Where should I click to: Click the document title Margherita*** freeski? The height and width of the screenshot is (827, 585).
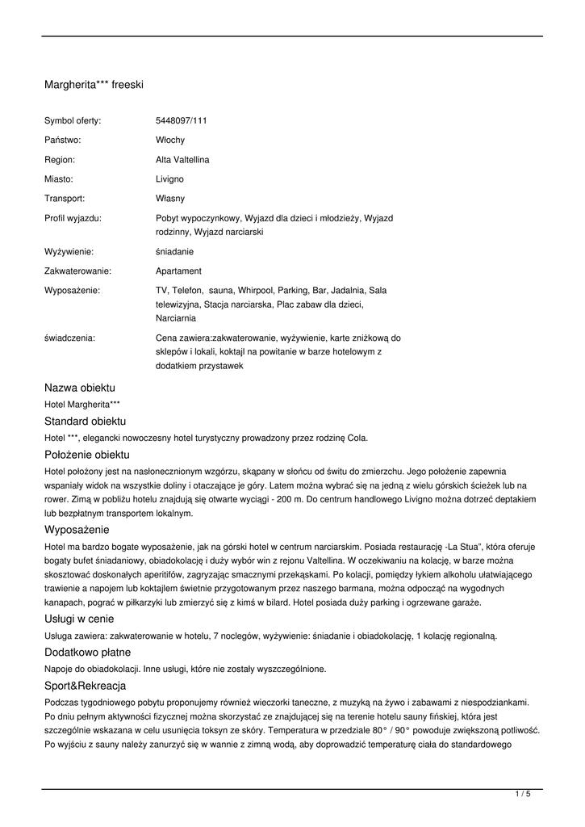(x=94, y=84)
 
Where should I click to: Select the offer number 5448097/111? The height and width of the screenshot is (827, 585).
(x=181, y=120)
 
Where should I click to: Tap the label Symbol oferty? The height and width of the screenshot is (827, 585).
(x=73, y=120)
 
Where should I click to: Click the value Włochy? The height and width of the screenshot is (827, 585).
(x=169, y=140)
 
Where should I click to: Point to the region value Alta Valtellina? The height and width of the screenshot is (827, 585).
(x=182, y=159)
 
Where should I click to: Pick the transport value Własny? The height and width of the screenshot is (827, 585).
(x=169, y=198)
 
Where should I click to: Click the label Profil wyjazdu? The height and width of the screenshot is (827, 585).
(x=73, y=217)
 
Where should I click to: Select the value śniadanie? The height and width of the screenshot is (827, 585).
(x=174, y=251)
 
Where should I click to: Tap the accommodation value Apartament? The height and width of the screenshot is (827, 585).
(x=178, y=271)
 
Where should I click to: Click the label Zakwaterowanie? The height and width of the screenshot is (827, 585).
(x=77, y=271)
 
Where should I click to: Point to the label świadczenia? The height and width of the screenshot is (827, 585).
(x=69, y=338)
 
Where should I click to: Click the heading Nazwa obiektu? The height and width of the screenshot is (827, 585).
(x=80, y=388)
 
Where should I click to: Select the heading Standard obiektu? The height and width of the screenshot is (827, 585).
(x=85, y=422)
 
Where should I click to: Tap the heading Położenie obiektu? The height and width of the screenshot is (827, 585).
(x=87, y=455)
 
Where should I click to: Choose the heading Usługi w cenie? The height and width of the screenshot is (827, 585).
(x=79, y=619)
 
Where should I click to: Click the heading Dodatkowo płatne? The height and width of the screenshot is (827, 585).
(x=87, y=652)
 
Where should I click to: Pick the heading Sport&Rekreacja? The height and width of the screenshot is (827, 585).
(x=85, y=686)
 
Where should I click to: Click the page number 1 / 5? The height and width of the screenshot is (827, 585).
(x=523, y=795)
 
